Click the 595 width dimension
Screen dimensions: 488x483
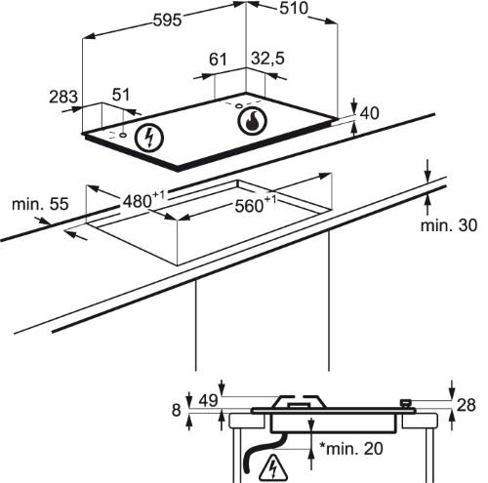point(167,20)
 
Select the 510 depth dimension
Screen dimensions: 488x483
point(294,8)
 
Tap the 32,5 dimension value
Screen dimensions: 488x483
point(267,59)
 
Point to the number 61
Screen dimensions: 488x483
point(218,60)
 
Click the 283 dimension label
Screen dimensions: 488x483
point(63,97)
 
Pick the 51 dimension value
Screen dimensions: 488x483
point(121,95)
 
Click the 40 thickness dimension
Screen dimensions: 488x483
point(370,113)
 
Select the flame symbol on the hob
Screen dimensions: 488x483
point(252,120)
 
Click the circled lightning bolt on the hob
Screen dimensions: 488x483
point(149,138)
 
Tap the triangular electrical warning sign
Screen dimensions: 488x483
point(273,467)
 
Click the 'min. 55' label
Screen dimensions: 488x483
point(40,204)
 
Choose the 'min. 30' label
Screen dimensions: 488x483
point(449,225)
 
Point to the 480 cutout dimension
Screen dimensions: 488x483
point(143,199)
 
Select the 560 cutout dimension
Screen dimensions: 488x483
point(256,204)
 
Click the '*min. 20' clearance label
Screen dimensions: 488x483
point(351,449)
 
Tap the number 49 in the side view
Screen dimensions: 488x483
point(208,400)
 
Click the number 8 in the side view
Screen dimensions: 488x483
point(176,410)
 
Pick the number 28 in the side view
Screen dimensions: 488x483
point(467,405)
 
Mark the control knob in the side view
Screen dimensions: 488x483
point(406,404)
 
